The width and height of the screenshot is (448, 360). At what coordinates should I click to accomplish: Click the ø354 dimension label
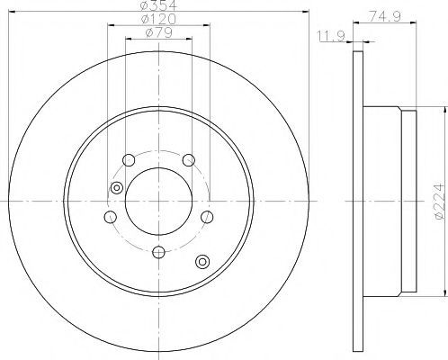[159, 5]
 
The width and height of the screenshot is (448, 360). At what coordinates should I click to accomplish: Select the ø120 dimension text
[158, 19]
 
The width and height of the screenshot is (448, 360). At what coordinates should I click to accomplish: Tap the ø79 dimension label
[158, 32]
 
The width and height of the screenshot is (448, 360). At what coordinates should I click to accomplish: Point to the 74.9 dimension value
[385, 15]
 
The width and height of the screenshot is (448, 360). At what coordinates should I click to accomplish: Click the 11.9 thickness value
[331, 36]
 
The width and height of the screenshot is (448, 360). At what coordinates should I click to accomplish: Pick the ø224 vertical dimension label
[439, 201]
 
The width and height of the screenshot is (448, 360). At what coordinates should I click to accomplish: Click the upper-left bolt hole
[129, 160]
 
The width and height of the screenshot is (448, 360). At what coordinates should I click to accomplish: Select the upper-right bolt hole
[189, 160]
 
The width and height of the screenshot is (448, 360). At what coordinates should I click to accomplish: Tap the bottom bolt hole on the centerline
[158, 252]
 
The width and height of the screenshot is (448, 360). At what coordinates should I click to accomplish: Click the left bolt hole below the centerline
[111, 217]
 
